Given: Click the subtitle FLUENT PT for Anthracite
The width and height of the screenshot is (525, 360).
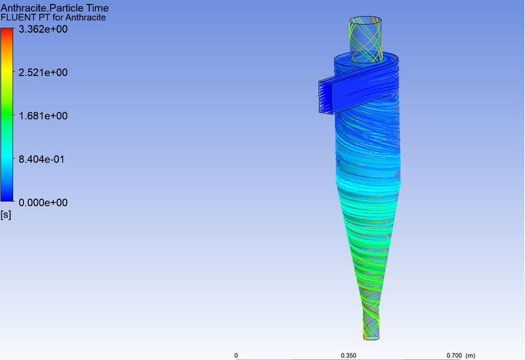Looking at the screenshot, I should pos(53,17).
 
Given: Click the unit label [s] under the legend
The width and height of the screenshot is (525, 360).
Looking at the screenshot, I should pos(7,214).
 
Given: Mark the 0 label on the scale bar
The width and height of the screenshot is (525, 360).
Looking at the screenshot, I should pos(236,355).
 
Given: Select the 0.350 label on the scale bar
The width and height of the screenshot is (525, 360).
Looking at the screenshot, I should pos(348,355).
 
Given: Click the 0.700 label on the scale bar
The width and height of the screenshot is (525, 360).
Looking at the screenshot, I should pos(454,355).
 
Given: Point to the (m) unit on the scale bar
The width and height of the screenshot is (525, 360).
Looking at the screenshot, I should pos(470,355).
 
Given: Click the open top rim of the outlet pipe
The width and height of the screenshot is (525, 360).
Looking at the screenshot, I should pos(366,20).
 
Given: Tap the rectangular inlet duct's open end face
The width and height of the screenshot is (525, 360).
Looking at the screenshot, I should pos(324,96).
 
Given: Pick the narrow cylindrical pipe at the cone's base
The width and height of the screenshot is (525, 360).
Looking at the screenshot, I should pos(371,325).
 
